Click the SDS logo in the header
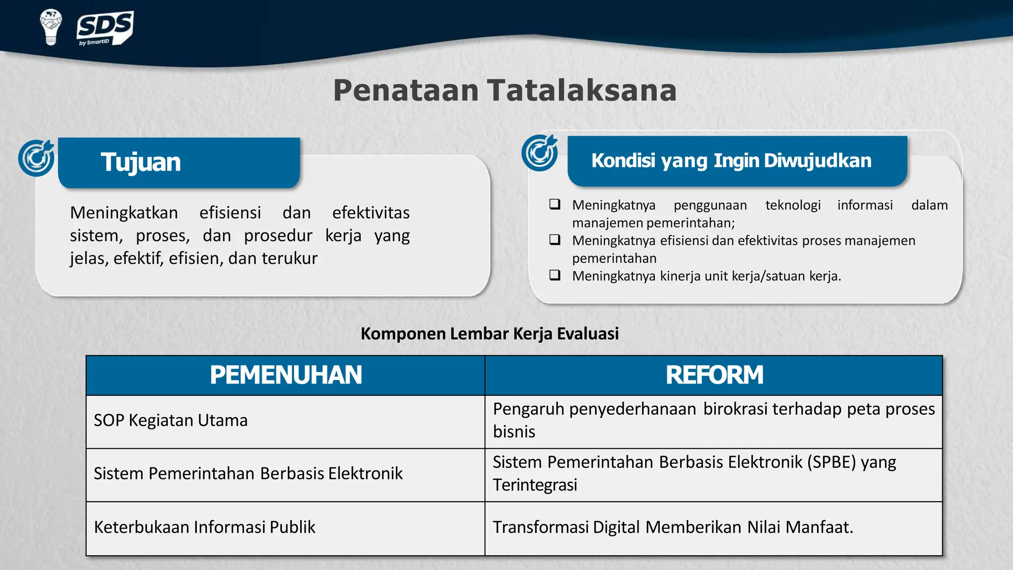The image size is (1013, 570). pyautogui.click(x=105, y=28)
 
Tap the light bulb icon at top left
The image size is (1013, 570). pyautogui.click(x=50, y=27)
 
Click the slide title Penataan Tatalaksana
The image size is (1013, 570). pyautogui.click(x=505, y=91)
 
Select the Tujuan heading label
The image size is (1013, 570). pyautogui.click(x=141, y=162)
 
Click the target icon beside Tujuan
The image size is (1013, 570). pyautogui.click(x=37, y=158)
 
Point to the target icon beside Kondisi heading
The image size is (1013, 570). pyautogui.click(x=540, y=152)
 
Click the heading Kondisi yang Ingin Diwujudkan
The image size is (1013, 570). pyautogui.click(x=731, y=161)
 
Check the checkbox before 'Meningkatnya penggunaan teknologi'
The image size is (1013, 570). pyautogui.click(x=555, y=204)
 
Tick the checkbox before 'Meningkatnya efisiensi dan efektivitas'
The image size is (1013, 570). pyautogui.click(x=555, y=240)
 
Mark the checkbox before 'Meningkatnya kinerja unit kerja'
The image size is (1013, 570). pyautogui.click(x=555, y=275)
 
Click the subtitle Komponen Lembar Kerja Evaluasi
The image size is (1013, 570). pyautogui.click(x=490, y=333)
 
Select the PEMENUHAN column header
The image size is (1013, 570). pyautogui.click(x=286, y=375)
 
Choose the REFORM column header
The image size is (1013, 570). pyautogui.click(x=714, y=375)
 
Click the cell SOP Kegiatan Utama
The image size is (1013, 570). pyautogui.click(x=171, y=421)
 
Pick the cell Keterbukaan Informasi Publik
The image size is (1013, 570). pyautogui.click(x=204, y=527)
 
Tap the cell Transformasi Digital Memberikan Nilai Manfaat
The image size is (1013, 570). pyautogui.click(x=673, y=527)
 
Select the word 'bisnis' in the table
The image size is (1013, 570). pyautogui.click(x=514, y=432)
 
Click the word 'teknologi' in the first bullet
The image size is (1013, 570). pyautogui.click(x=793, y=205)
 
